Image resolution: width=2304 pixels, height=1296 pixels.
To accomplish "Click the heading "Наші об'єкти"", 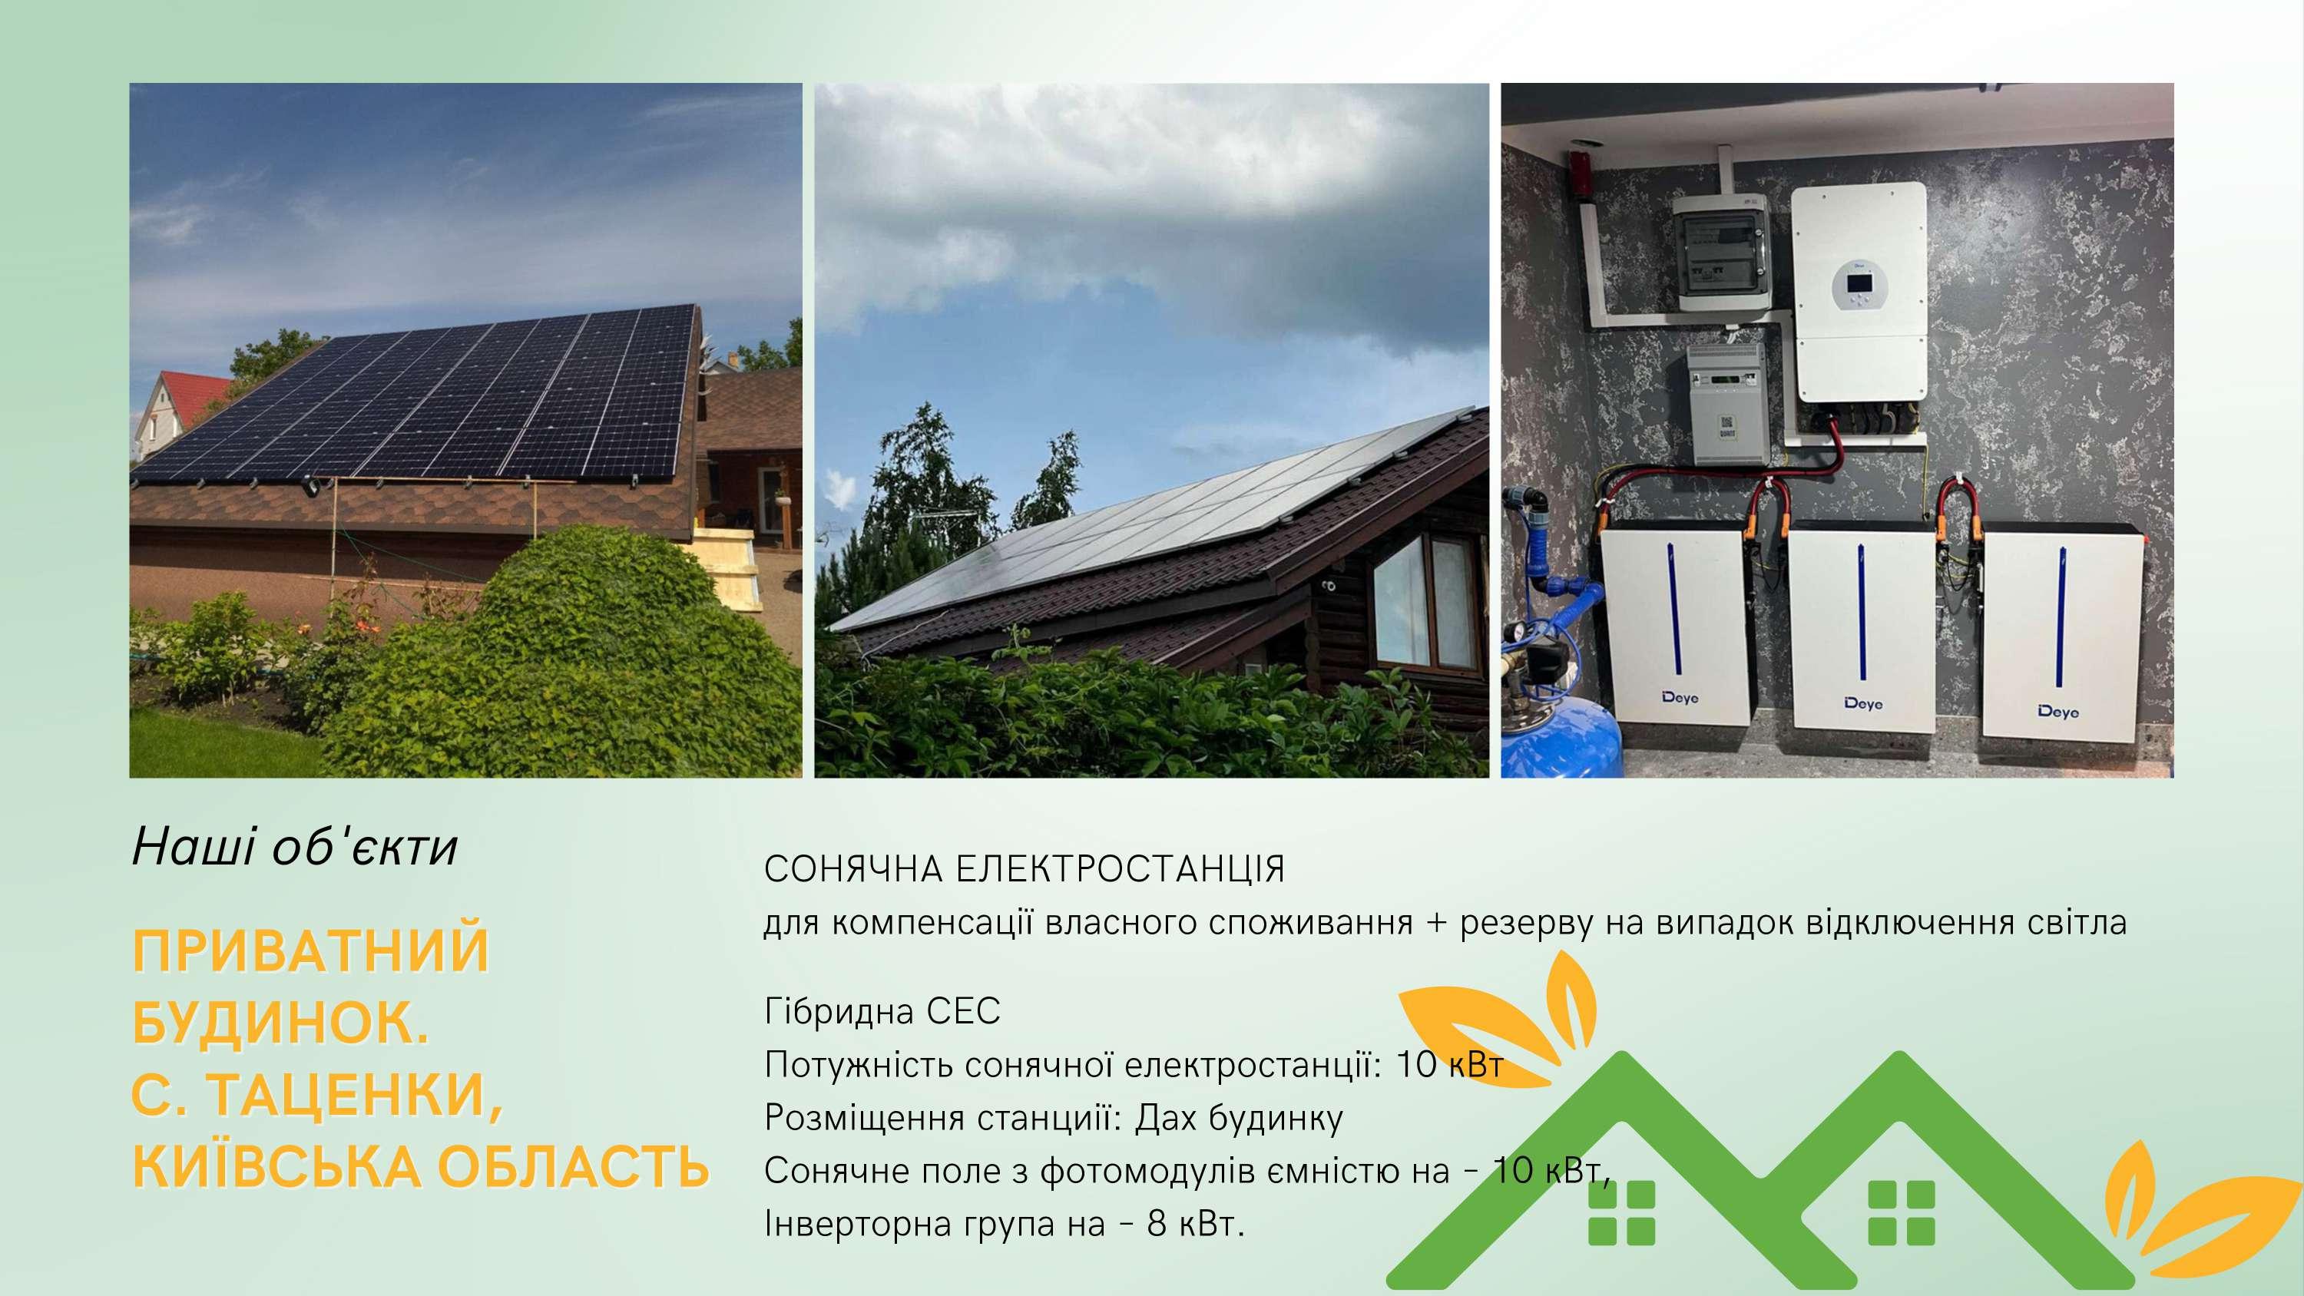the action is click(294, 847).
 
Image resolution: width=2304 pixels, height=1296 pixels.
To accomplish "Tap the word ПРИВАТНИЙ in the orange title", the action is click(311, 950).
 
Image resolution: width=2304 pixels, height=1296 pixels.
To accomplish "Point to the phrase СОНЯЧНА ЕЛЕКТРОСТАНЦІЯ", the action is click(1024, 869).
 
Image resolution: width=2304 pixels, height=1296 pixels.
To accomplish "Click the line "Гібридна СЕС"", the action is click(882, 1012).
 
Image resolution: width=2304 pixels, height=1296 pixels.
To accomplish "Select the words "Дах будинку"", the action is click(1239, 1119).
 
